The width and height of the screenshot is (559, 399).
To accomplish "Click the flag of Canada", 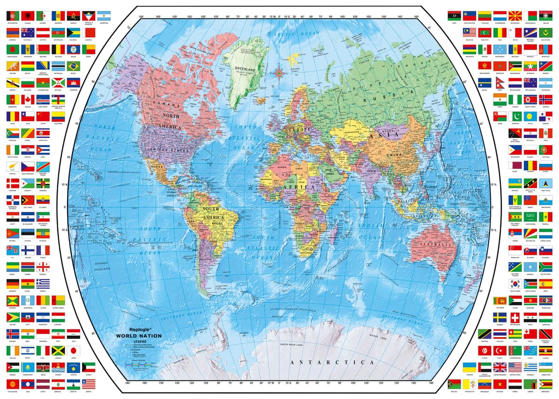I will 28,99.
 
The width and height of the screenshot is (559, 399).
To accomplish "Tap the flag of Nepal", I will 500,82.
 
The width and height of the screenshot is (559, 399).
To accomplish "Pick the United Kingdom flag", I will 500,367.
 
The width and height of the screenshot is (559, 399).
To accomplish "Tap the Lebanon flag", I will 58,384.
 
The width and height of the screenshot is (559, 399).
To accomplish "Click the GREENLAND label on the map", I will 246,69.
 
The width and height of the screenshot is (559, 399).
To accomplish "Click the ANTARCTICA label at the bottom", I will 331,362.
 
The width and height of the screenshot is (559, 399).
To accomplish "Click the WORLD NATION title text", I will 139,336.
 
